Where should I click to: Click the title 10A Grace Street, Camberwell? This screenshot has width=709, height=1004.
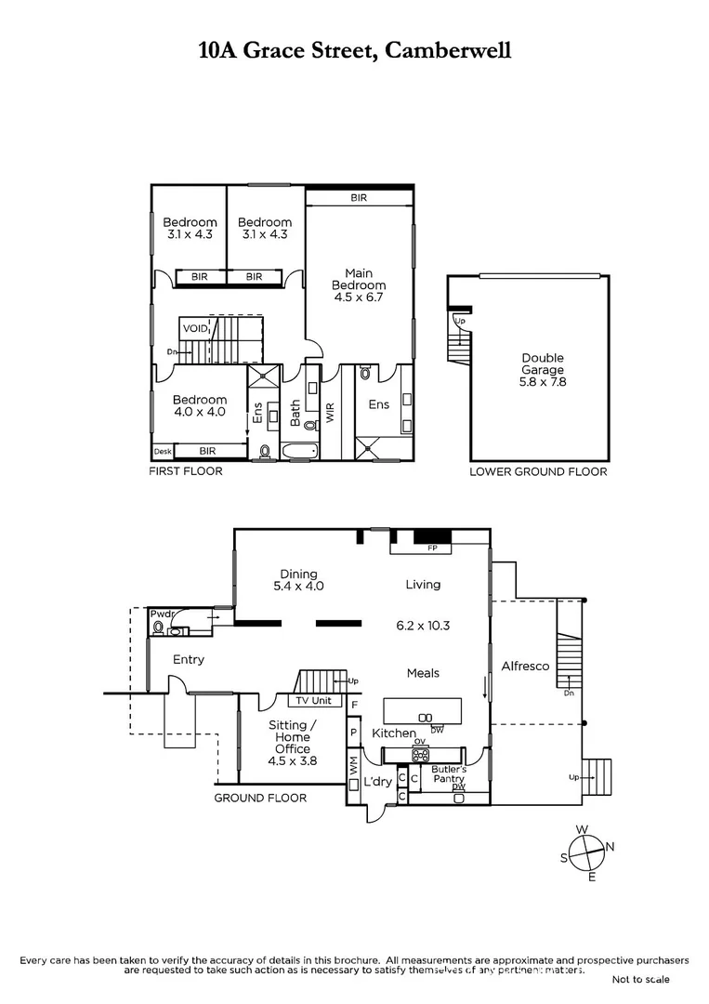354,50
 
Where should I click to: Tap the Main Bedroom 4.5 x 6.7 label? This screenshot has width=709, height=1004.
359,285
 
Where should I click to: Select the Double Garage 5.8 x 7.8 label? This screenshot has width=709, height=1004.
542,363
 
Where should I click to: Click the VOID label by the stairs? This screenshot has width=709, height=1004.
195,328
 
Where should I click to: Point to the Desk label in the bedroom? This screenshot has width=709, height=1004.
163,451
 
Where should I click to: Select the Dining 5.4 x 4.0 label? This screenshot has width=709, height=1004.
296,580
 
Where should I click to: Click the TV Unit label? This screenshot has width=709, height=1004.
314,701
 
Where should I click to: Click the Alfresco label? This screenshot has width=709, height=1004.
525,667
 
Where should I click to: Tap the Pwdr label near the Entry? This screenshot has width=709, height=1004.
162,614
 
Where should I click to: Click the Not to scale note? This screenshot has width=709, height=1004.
640,979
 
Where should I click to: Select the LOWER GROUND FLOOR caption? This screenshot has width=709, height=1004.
538,471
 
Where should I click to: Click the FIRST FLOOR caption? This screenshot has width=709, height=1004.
186,471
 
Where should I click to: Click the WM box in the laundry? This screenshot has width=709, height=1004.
353,766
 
